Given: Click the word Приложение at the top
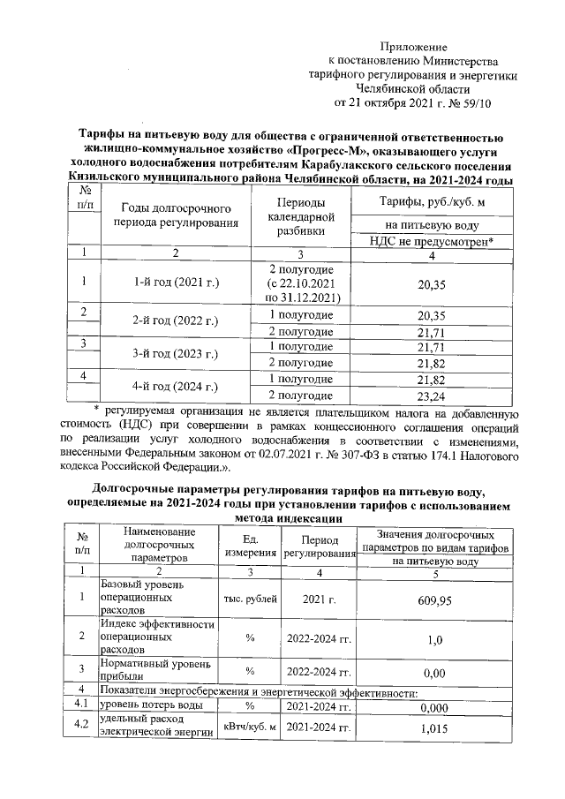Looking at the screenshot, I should tap(414, 46).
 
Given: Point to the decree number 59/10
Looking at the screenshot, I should tap(473, 102).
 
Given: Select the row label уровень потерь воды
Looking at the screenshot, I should tap(149, 706).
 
